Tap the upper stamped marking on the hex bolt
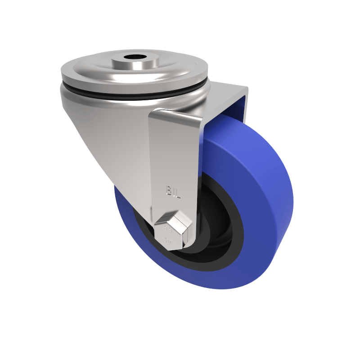click(168, 229)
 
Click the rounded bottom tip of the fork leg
click(180, 245)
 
